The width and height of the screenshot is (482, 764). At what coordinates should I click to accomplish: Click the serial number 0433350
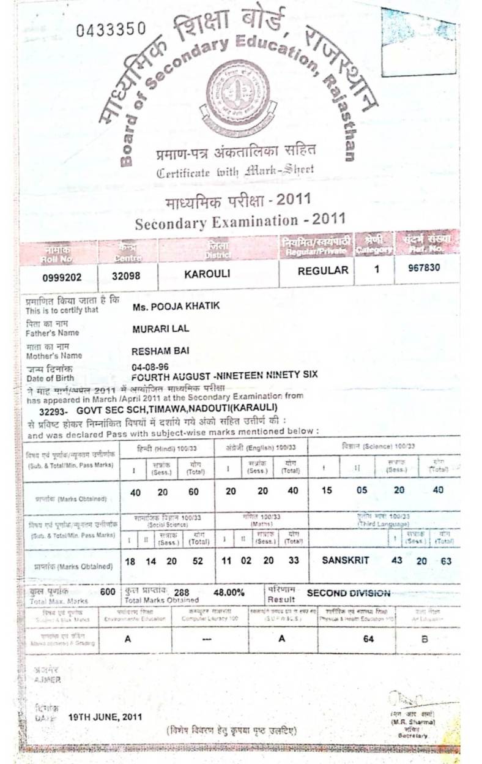click(111, 29)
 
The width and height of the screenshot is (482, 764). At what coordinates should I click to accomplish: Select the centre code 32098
click(126, 276)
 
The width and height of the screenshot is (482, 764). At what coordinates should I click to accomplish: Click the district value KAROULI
click(207, 274)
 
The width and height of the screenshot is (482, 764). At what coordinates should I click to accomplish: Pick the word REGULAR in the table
click(323, 271)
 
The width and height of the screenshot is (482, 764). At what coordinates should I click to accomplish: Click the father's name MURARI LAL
click(161, 329)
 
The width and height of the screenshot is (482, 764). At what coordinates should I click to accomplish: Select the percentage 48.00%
click(229, 592)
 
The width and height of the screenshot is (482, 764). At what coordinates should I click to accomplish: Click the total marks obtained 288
click(182, 592)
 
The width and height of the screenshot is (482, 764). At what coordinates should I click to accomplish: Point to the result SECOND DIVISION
click(348, 593)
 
